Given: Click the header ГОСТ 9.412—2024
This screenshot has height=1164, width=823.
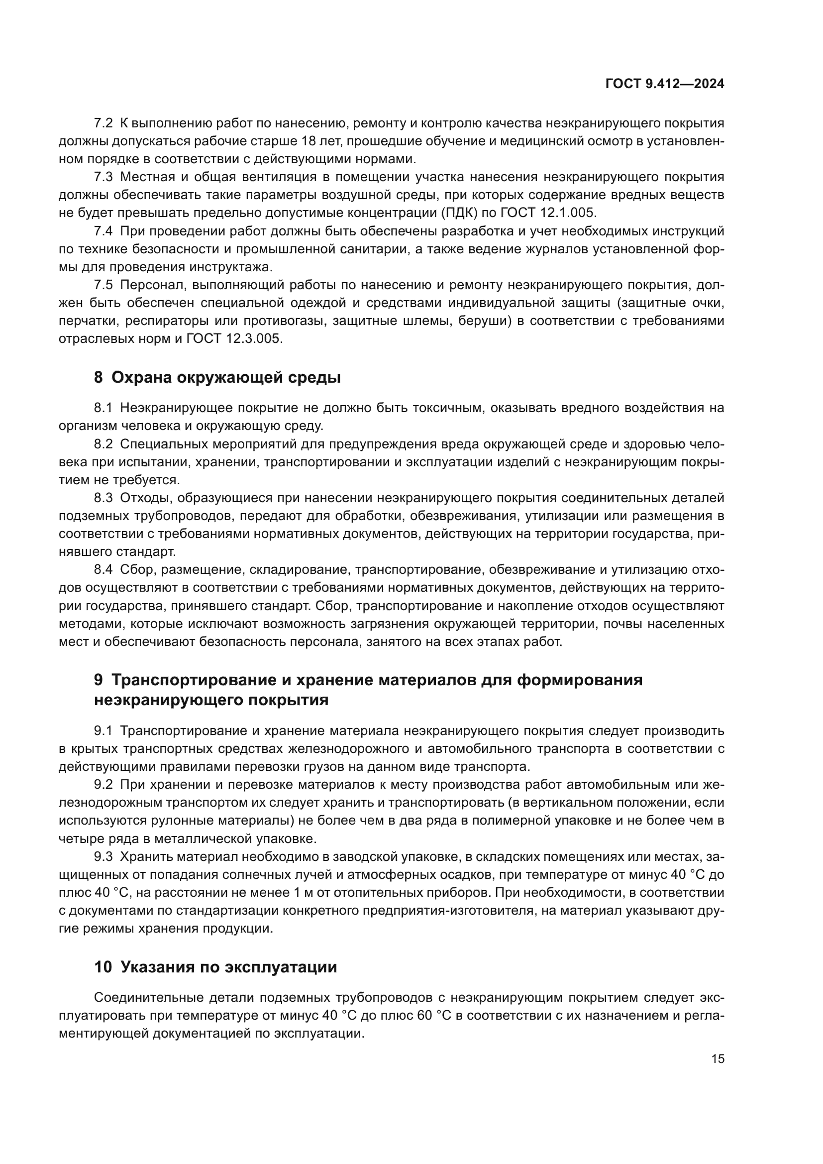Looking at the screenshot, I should (664, 84).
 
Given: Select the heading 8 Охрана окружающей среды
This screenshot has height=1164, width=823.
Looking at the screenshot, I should (217, 378).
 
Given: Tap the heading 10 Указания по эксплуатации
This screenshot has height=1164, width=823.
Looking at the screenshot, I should (215, 967).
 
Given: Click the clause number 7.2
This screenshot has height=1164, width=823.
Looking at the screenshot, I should (103, 123).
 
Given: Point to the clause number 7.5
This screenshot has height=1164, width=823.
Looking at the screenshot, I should (103, 286).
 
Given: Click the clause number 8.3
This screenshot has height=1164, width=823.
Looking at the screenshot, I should (103, 498).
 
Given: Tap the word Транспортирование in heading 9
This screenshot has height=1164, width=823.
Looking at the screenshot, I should (189, 680).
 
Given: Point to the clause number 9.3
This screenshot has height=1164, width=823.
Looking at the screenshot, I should (103, 857).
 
